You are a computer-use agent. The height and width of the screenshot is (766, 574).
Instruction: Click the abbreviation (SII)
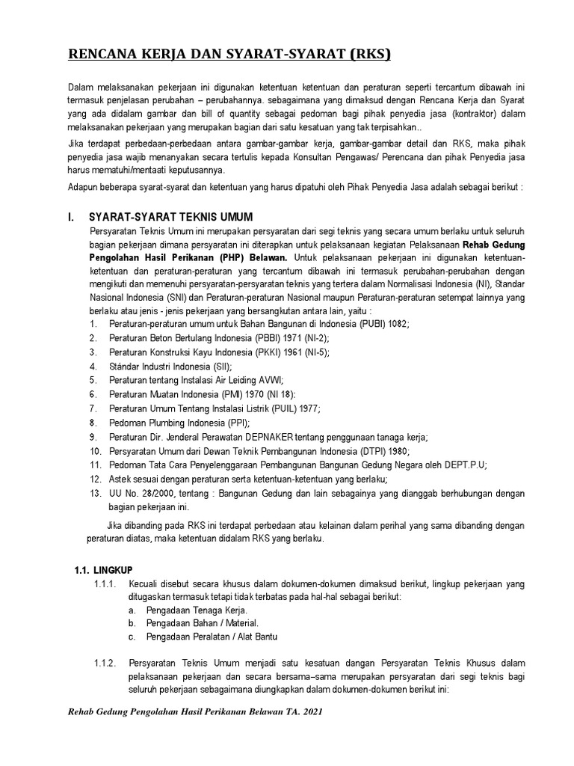[220, 367]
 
